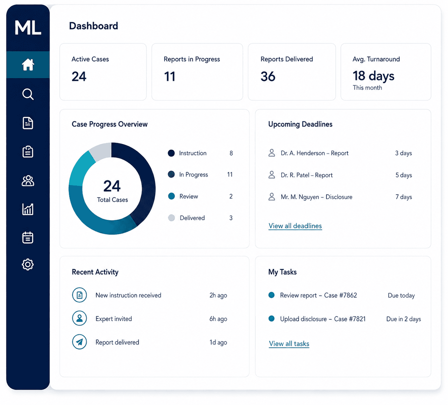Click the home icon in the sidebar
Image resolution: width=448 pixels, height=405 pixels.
pos(28,65)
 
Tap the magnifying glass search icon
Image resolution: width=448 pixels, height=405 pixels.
pos(28,94)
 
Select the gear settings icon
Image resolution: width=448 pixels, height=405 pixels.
pos(28,265)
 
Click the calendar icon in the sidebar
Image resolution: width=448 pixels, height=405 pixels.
pos(28,237)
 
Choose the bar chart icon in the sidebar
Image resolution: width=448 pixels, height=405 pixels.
pos(28,209)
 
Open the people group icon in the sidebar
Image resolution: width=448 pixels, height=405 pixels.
pos(28,181)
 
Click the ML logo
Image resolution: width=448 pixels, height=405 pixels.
pos(28,28)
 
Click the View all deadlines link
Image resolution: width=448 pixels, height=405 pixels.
pos(295,226)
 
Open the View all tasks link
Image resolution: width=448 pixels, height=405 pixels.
pos(289,344)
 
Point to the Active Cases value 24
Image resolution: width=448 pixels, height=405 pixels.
pos(79,76)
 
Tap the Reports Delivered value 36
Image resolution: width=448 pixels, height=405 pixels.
pos(268,76)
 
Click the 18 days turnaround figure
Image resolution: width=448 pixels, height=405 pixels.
pos(373,76)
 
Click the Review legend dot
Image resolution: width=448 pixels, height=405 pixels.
pos(171,196)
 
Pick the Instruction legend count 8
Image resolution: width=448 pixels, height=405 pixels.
pos(231,153)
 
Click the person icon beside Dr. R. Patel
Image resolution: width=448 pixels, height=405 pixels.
pos(272,175)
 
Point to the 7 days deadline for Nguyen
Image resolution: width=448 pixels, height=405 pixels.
pos(404,197)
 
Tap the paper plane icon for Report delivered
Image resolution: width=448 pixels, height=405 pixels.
pos(79,342)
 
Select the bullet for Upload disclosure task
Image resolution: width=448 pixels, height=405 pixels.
pos(272,318)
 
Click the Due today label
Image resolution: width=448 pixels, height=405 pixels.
pos(401,295)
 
